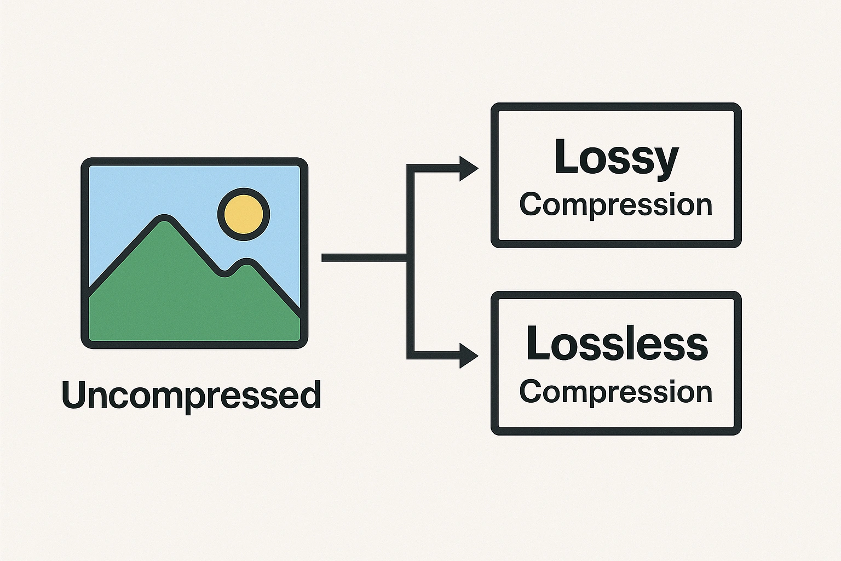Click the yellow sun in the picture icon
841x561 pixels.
244,214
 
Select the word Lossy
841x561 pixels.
616,158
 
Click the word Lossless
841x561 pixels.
617,344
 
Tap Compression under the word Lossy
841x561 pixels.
616,205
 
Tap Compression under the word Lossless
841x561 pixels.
616,392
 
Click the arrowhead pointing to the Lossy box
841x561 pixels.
468,168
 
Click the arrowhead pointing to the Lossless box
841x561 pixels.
468,356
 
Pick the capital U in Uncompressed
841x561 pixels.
74,394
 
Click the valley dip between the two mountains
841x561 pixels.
223,272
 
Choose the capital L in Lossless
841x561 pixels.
537,344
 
